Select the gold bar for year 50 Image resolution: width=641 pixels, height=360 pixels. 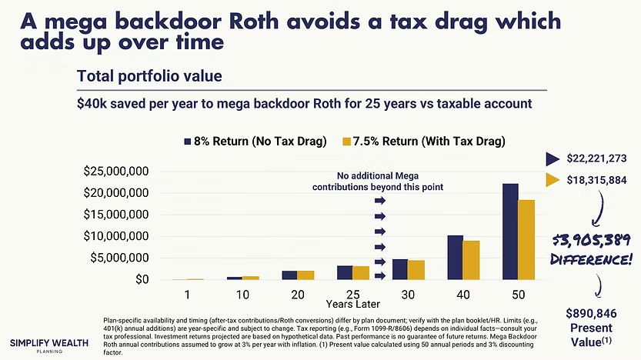point(527,240)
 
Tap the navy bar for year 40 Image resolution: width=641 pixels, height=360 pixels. point(456,258)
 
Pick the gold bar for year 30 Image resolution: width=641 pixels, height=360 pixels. point(417,270)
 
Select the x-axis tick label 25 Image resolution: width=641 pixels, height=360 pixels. point(353,294)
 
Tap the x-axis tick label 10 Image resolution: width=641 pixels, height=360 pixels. point(243,294)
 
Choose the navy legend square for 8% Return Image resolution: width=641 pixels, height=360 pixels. point(188,141)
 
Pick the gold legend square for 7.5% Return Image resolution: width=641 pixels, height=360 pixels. point(346,141)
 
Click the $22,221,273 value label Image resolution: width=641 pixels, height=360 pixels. point(596,159)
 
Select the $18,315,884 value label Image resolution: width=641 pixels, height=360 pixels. point(596,180)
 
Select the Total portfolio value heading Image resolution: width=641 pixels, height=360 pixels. point(149,76)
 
